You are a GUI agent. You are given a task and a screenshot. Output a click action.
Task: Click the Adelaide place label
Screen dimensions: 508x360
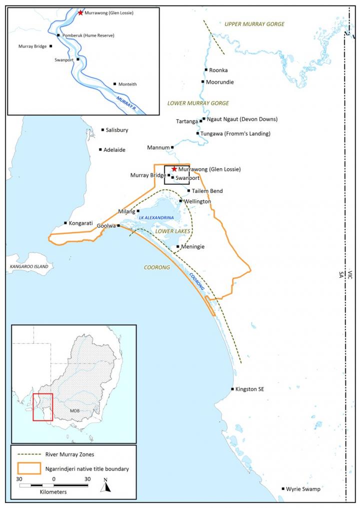[x=114, y=150]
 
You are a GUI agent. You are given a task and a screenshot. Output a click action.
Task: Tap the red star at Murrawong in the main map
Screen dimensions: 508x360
[x=174, y=169]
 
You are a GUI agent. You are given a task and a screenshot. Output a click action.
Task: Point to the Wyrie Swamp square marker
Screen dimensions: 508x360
[x=283, y=489]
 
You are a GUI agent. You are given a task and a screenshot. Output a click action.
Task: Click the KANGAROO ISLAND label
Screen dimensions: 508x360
[x=29, y=267]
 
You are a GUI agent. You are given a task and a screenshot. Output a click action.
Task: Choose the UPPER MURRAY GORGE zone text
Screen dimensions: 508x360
[x=254, y=24]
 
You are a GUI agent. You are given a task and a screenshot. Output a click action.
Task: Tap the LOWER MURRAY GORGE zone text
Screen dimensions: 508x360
[x=198, y=103]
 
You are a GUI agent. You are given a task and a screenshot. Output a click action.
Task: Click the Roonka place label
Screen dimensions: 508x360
[x=218, y=70]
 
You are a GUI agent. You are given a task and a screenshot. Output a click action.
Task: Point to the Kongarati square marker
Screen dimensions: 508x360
[x=65, y=223]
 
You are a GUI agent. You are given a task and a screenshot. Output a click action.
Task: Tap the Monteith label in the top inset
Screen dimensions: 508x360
[x=127, y=84]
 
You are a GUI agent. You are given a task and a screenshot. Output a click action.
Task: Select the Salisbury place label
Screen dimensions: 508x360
[x=117, y=130]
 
